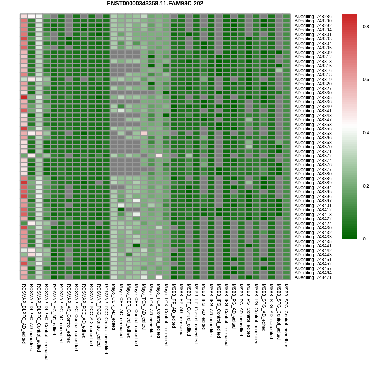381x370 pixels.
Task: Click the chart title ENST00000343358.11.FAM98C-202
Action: (155, 4)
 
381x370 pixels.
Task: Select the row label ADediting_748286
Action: (313, 17)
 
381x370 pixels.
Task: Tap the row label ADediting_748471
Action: (313, 277)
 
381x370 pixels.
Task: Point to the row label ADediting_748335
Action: (313, 98)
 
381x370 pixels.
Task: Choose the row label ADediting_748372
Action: (313, 156)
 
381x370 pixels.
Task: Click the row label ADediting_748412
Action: (313, 210)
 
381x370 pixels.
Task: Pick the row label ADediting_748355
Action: (313, 129)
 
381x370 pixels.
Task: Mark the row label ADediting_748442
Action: (313, 251)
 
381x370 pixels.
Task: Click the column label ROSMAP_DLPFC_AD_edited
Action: (24, 313)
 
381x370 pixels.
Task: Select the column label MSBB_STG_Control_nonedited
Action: (286, 315)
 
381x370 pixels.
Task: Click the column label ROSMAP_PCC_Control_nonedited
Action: (106, 319)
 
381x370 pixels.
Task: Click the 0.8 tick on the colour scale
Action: (366, 27)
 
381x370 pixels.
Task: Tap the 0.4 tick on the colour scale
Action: (366, 133)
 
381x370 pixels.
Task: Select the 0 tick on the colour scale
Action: (364, 239)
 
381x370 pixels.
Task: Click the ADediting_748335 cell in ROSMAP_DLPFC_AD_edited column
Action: (24, 97)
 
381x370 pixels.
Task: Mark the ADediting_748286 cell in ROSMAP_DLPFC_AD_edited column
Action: (24, 16)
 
